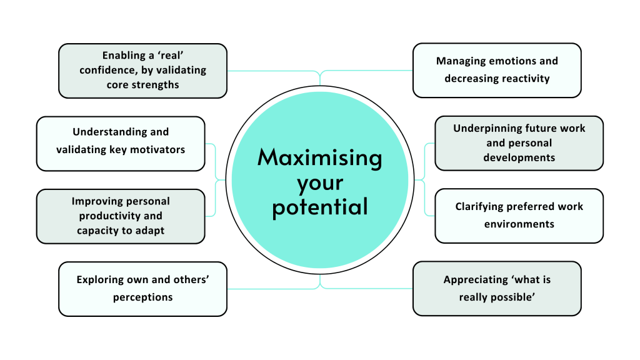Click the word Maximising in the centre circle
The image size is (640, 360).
(x=319, y=157)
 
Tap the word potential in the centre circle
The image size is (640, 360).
(x=319, y=207)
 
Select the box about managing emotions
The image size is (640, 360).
(x=497, y=70)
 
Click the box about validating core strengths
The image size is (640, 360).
(x=142, y=70)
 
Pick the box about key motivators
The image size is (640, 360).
(x=121, y=143)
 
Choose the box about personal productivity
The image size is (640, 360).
(x=121, y=216)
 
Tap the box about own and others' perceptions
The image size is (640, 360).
(x=142, y=288)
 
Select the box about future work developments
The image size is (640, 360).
(x=519, y=142)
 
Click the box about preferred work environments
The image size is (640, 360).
(x=519, y=215)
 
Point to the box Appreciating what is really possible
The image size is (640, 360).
(x=497, y=288)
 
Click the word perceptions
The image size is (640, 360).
(x=142, y=297)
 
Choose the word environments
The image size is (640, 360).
(x=519, y=223)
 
